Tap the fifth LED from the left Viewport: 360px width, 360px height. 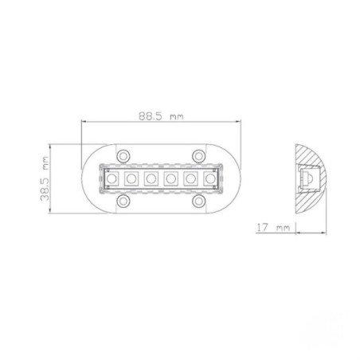click(190, 178)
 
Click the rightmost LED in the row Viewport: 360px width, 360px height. click(209, 178)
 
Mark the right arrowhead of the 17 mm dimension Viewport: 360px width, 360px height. click(295, 231)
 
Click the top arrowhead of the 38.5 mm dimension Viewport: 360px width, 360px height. click(51, 145)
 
